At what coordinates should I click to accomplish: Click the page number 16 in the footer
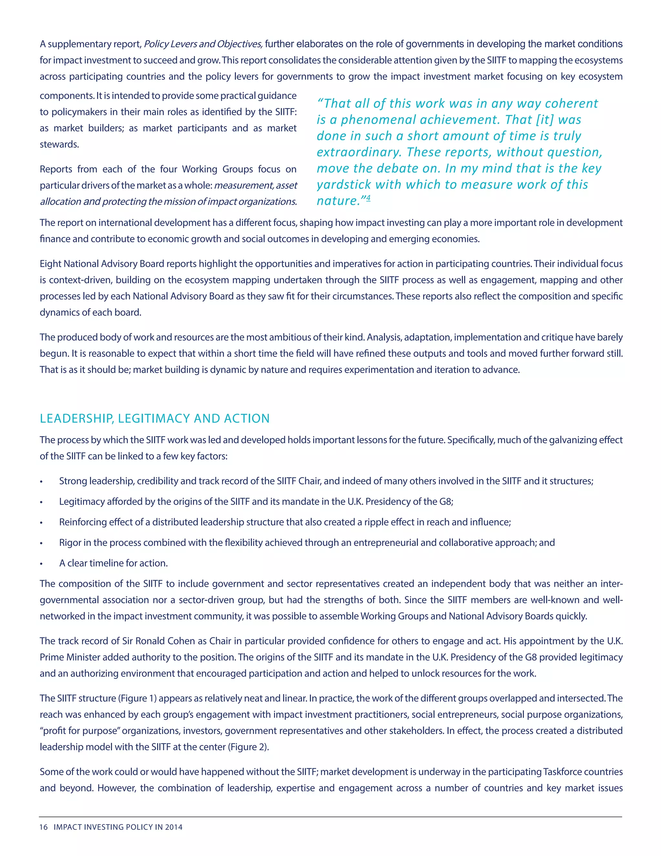pos(44,827)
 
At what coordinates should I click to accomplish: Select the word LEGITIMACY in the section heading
pos(154,419)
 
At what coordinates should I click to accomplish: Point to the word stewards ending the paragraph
pos(59,144)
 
